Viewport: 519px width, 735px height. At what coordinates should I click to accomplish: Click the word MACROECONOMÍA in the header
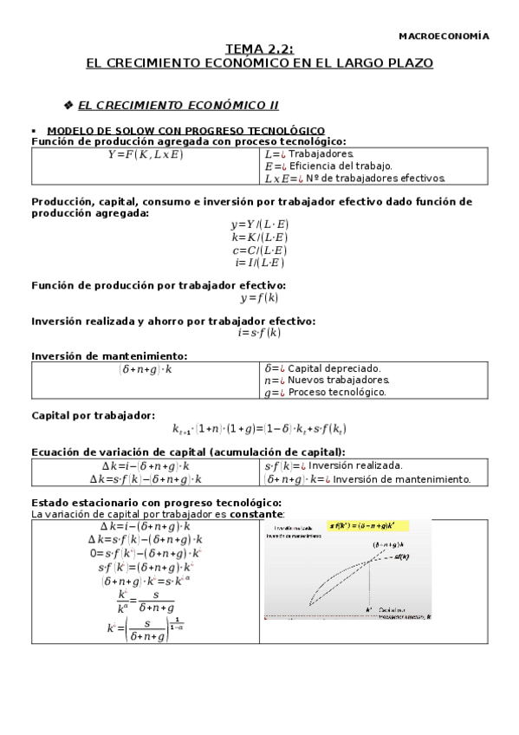tap(443, 36)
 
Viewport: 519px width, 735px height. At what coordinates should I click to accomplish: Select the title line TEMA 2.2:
tap(259, 51)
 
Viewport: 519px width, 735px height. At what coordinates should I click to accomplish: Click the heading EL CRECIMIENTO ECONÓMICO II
tap(178, 105)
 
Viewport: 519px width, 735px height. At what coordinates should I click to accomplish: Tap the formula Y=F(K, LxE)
tap(146, 154)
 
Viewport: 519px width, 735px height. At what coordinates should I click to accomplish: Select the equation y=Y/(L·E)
tap(259, 224)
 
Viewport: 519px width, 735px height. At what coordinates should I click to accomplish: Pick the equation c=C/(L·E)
tap(259, 250)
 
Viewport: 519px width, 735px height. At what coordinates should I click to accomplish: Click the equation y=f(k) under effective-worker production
tap(259, 298)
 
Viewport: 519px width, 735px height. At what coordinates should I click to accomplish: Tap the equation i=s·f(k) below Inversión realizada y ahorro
tap(259, 332)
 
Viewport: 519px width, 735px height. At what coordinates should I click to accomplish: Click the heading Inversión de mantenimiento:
tap(109, 355)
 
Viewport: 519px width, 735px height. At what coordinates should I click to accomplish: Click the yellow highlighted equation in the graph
tap(367, 525)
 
